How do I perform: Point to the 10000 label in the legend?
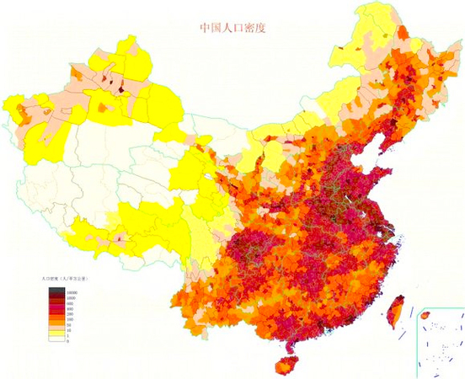coord(72,293)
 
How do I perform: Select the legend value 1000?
coord(71,298)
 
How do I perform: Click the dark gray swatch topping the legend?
coord(56,290)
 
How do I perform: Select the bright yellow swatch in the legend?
coord(56,334)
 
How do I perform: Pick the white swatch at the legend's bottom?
coord(56,339)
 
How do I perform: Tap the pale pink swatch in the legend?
coord(56,328)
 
